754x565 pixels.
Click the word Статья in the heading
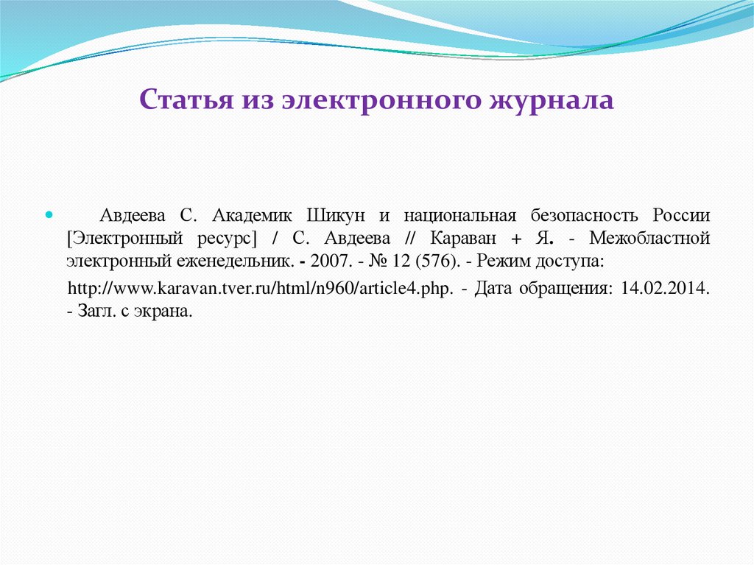click(x=183, y=100)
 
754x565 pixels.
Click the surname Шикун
click(x=336, y=216)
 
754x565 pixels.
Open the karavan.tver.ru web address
click(x=259, y=288)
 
